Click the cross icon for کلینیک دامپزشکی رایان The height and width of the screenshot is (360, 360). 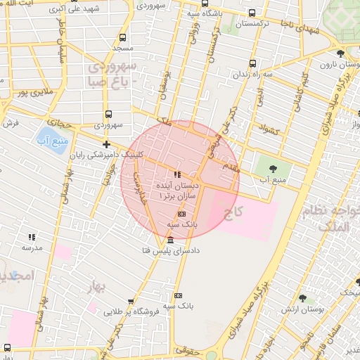coord(106,144)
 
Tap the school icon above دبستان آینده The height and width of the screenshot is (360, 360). coord(176,174)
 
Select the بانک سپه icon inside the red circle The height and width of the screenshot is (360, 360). coord(181,213)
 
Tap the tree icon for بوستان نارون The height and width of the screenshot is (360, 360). coord(340,53)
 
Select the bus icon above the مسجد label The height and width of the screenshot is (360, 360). coord(123,37)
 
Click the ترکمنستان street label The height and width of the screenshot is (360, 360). coord(243,24)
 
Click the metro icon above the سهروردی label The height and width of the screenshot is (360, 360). coord(108,113)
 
